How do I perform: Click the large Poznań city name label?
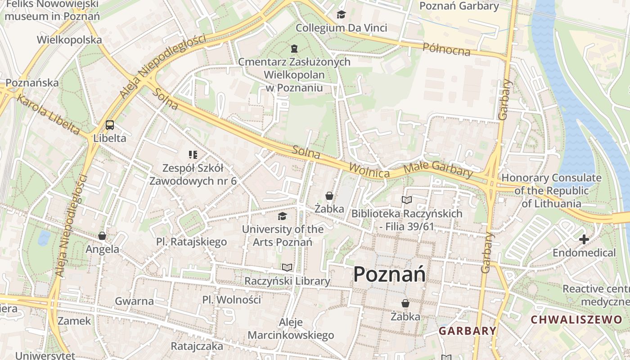coord(389,274)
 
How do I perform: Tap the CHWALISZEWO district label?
coord(576,320)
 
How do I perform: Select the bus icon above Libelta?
coord(110,125)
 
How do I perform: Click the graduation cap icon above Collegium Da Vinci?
coord(341,15)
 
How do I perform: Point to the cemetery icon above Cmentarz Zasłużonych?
coord(294,48)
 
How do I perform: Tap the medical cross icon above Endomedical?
coord(584,239)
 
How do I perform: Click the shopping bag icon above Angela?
coord(102,236)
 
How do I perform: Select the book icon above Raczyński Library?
coord(287,268)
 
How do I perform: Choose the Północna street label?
coord(446,49)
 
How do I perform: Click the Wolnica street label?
coord(369,171)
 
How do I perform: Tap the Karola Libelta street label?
coord(49,114)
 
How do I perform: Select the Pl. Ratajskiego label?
coord(192,242)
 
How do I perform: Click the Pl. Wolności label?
coord(231,300)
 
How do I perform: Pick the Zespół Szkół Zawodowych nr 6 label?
coord(193,175)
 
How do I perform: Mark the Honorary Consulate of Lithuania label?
coord(551,190)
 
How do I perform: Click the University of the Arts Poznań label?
coord(283,235)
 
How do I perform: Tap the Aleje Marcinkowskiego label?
coord(291,329)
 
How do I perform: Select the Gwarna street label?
coord(134,301)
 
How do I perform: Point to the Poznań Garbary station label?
coord(459,6)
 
